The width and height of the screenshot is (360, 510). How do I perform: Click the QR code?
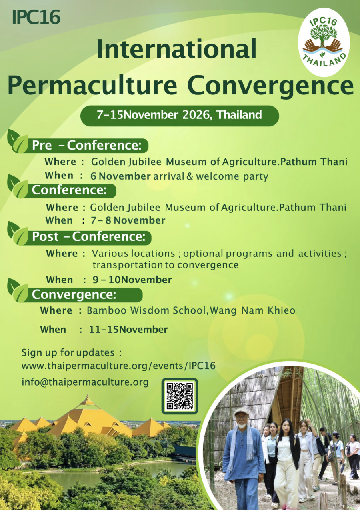pyautogui.click(x=180, y=396)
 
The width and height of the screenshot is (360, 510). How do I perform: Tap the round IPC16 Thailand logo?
pyautogui.click(x=324, y=42)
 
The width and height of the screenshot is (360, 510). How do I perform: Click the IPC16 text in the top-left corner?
pyautogui.click(x=36, y=17)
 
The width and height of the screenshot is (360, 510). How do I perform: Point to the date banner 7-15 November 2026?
pyautogui.click(x=179, y=115)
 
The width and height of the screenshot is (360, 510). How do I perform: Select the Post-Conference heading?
pyautogui.click(x=88, y=237)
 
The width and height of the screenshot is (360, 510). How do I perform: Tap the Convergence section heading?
pyautogui.click(x=74, y=295)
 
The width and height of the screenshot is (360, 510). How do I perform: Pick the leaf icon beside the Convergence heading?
pyautogui.click(x=18, y=290)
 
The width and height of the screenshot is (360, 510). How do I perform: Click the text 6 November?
pyautogui.click(x=120, y=176)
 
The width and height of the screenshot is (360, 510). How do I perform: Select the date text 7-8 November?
pyautogui.click(x=128, y=220)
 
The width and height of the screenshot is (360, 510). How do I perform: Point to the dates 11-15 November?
pyautogui.click(x=128, y=330)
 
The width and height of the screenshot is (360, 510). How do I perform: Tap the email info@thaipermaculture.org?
pyautogui.click(x=85, y=382)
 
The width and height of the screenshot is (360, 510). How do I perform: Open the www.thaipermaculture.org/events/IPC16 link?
pyautogui.click(x=118, y=366)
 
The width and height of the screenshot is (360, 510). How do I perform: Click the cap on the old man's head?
pyautogui.click(x=242, y=412)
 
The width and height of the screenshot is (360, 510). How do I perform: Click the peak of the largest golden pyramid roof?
pyautogui.click(x=87, y=398)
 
